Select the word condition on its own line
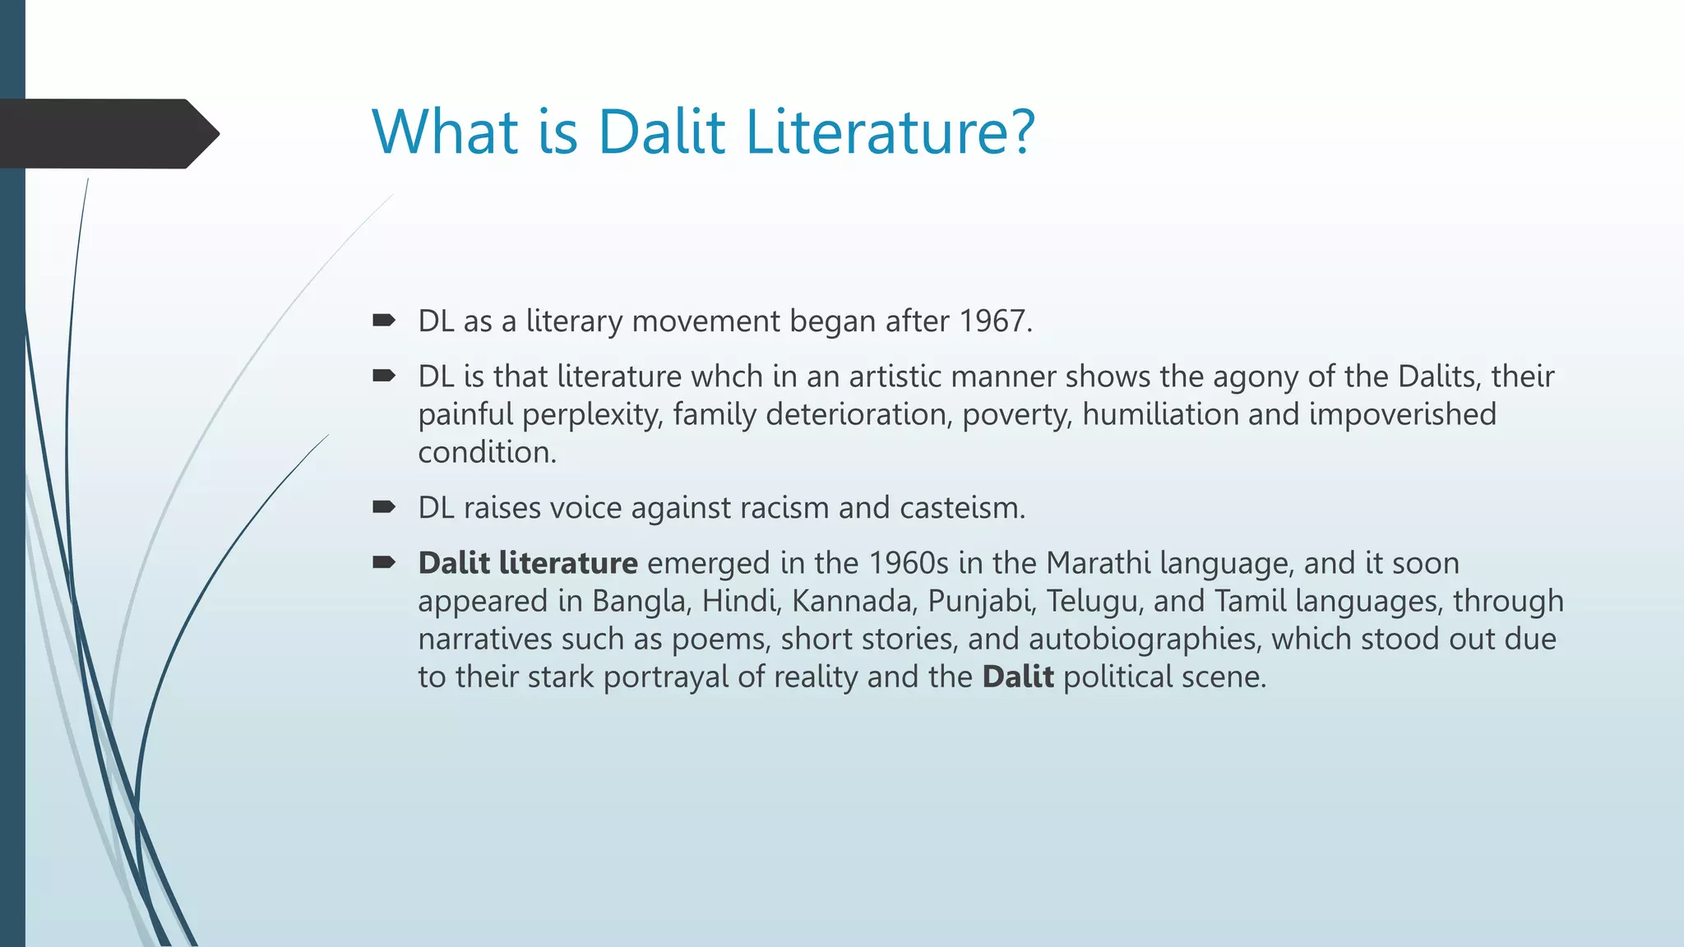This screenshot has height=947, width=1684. tap(485, 452)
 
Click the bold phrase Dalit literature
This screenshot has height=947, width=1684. tap(527, 563)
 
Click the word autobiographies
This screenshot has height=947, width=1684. tap(1143, 639)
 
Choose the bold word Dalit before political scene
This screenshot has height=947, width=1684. tap(1017, 677)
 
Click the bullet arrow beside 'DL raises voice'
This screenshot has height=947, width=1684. tap(383, 507)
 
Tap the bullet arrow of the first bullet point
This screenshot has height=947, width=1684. tap(383, 321)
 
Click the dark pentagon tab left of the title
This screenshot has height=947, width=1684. tap(107, 134)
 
